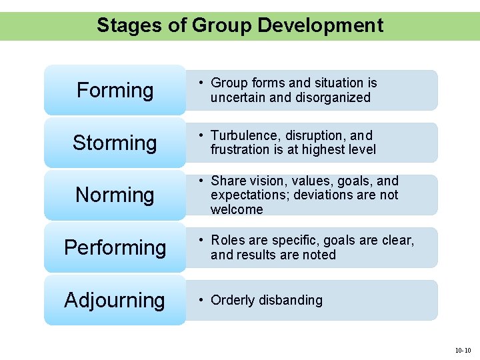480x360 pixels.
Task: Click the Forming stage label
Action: click(x=115, y=90)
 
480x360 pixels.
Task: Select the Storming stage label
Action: click(x=115, y=143)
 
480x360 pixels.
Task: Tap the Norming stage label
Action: click(x=115, y=195)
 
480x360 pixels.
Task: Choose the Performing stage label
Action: click(x=115, y=247)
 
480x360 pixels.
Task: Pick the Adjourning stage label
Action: click(x=115, y=300)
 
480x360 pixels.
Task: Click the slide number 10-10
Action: click(x=463, y=350)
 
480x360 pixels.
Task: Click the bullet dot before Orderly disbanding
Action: click(x=200, y=300)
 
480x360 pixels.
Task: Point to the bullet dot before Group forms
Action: click(x=200, y=83)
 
